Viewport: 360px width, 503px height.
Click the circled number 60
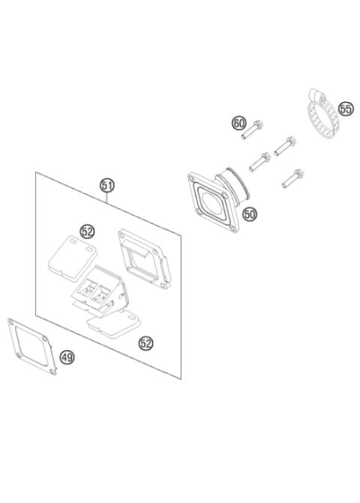pyautogui.click(x=239, y=123)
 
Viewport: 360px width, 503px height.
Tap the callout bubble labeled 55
pyautogui.click(x=345, y=109)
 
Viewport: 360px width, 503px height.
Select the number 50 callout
pyautogui.click(x=250, y=214)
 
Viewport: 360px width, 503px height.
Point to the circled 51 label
pyautogui.click(x=107, y=185)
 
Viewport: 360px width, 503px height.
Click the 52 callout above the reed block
pyautogui.click(x=88, y=231)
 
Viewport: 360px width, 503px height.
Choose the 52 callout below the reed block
pyautogui.click(x=146, y=343)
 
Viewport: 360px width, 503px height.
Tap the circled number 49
pyautogui.click(x=67, y=358)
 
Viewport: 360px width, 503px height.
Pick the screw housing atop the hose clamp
pyautogui.click(x=313, y=96)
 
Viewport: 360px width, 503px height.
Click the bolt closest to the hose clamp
pyautogui.click(x=286, y=145)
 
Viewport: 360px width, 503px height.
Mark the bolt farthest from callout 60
pyautogui.click(x=292, y=178)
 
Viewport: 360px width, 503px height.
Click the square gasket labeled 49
pyautogui.click(x=34, y=346)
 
